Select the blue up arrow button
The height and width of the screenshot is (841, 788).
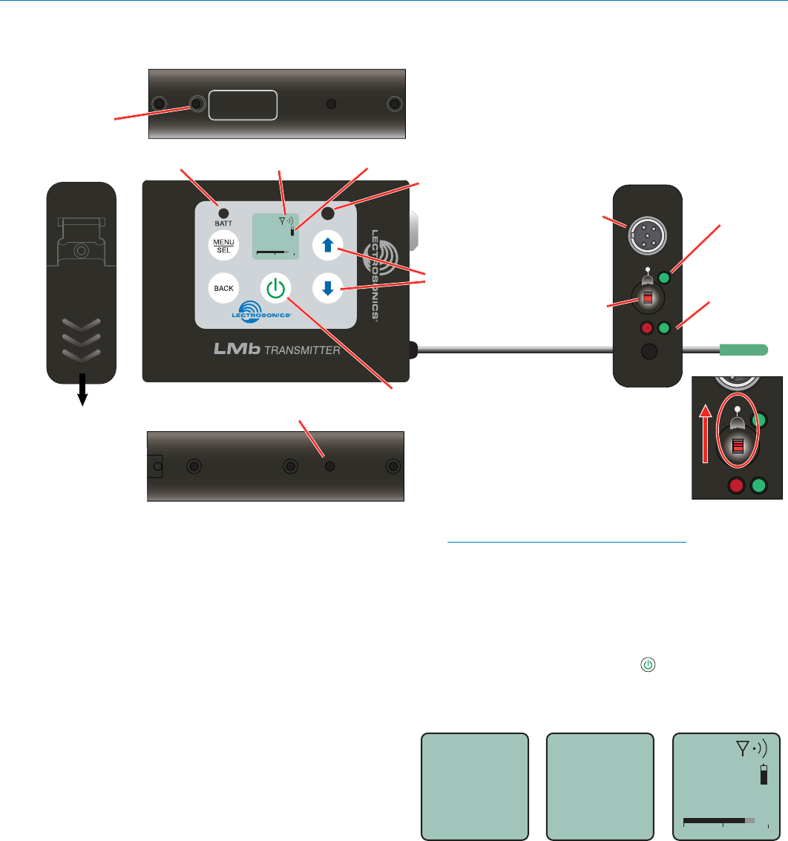click(326, 244)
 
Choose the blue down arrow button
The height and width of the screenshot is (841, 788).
click(326, 289)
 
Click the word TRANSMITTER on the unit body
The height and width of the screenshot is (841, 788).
click(303, 350)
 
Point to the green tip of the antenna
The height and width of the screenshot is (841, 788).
click(744, 348)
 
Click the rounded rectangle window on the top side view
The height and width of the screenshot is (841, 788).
click(243, 105)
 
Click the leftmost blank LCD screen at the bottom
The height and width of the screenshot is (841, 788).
click(475, 787)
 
